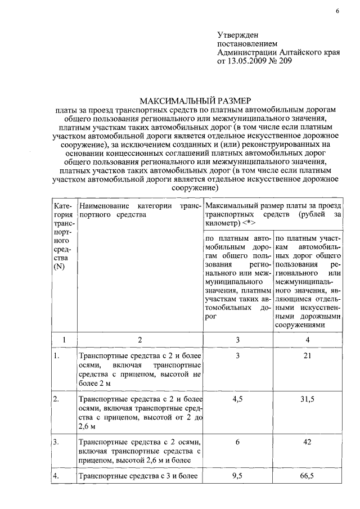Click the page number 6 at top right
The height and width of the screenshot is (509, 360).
[x=337, y=11]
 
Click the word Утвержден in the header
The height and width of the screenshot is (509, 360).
[x=237, y=35]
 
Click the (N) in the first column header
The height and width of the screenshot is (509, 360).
[x=59, y=267]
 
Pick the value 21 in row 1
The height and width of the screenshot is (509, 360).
[x=307, y=355]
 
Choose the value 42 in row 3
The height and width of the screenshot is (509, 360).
[x=307, y=442]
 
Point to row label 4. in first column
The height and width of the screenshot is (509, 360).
[x=56, y=477]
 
